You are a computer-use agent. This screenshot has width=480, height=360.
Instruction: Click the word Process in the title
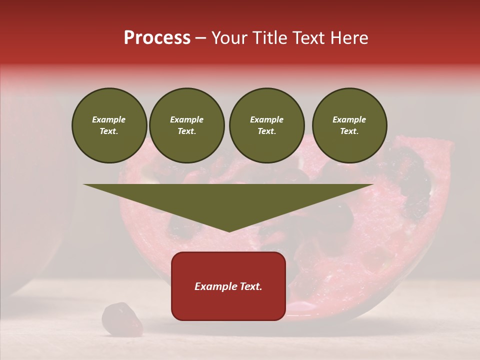(x=157, y=38)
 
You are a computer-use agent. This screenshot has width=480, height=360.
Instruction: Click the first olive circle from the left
(x=109, y=125)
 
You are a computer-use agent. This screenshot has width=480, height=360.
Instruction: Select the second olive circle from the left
(x=187, y=125)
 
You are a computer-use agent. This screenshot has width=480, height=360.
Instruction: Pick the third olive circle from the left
(x=266, y=125)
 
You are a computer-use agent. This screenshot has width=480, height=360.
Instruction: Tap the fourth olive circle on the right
(x=349, y=125)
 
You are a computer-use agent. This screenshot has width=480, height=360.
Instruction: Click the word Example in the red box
(x=215, y=286)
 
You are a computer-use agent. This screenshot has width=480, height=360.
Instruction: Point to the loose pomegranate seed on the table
(x=121, y=319)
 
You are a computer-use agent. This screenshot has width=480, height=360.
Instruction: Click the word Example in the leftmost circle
(x=109, y=119)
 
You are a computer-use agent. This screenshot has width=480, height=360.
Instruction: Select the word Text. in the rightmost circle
(x=349, y=131)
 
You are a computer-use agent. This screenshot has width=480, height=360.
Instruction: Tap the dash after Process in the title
(x=201, y=38)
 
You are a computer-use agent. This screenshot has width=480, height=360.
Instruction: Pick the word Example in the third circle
(x=266, y=119)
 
